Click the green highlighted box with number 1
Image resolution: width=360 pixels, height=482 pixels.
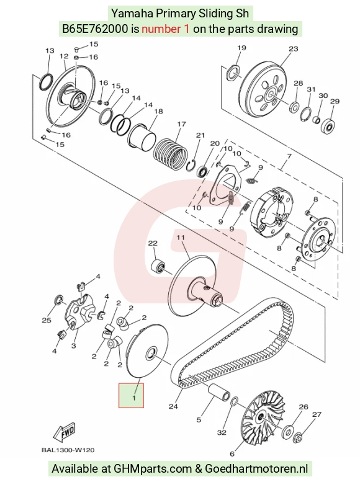[131, 395]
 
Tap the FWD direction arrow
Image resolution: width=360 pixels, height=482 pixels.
[65, 433]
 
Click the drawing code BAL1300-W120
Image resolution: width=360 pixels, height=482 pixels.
[68, 450]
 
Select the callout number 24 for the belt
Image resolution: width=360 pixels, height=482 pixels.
[173, 406]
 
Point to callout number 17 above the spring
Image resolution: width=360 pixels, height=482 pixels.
[181, 124]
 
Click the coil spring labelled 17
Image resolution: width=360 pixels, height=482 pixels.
[170, 153]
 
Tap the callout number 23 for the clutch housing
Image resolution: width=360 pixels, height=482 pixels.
[293, 49]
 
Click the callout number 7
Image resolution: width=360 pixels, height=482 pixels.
[289, 156]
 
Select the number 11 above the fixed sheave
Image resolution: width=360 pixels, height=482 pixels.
[180, 238]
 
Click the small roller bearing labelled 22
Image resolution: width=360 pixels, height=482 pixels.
[157, 265]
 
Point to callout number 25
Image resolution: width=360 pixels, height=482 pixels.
[47, 320]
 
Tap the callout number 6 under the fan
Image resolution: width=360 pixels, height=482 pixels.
[232, 453]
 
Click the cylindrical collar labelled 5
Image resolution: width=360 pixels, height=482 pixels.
[218, 392]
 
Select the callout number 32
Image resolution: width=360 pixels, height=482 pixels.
[222, 432]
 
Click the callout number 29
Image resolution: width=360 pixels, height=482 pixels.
[335, 101]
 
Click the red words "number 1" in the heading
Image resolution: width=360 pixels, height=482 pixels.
[166, 29]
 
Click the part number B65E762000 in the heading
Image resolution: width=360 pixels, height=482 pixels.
[95, 29]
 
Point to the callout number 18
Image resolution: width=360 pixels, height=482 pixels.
[158, 111]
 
